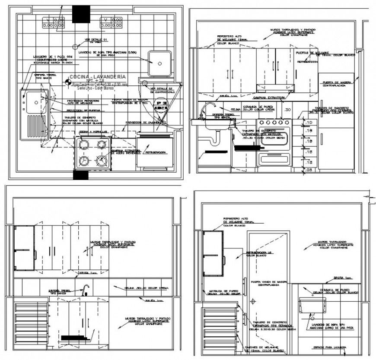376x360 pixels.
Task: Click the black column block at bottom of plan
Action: point(80,175)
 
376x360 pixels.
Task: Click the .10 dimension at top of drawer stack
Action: point(308,123)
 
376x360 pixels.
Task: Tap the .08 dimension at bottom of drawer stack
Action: point(308,171)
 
